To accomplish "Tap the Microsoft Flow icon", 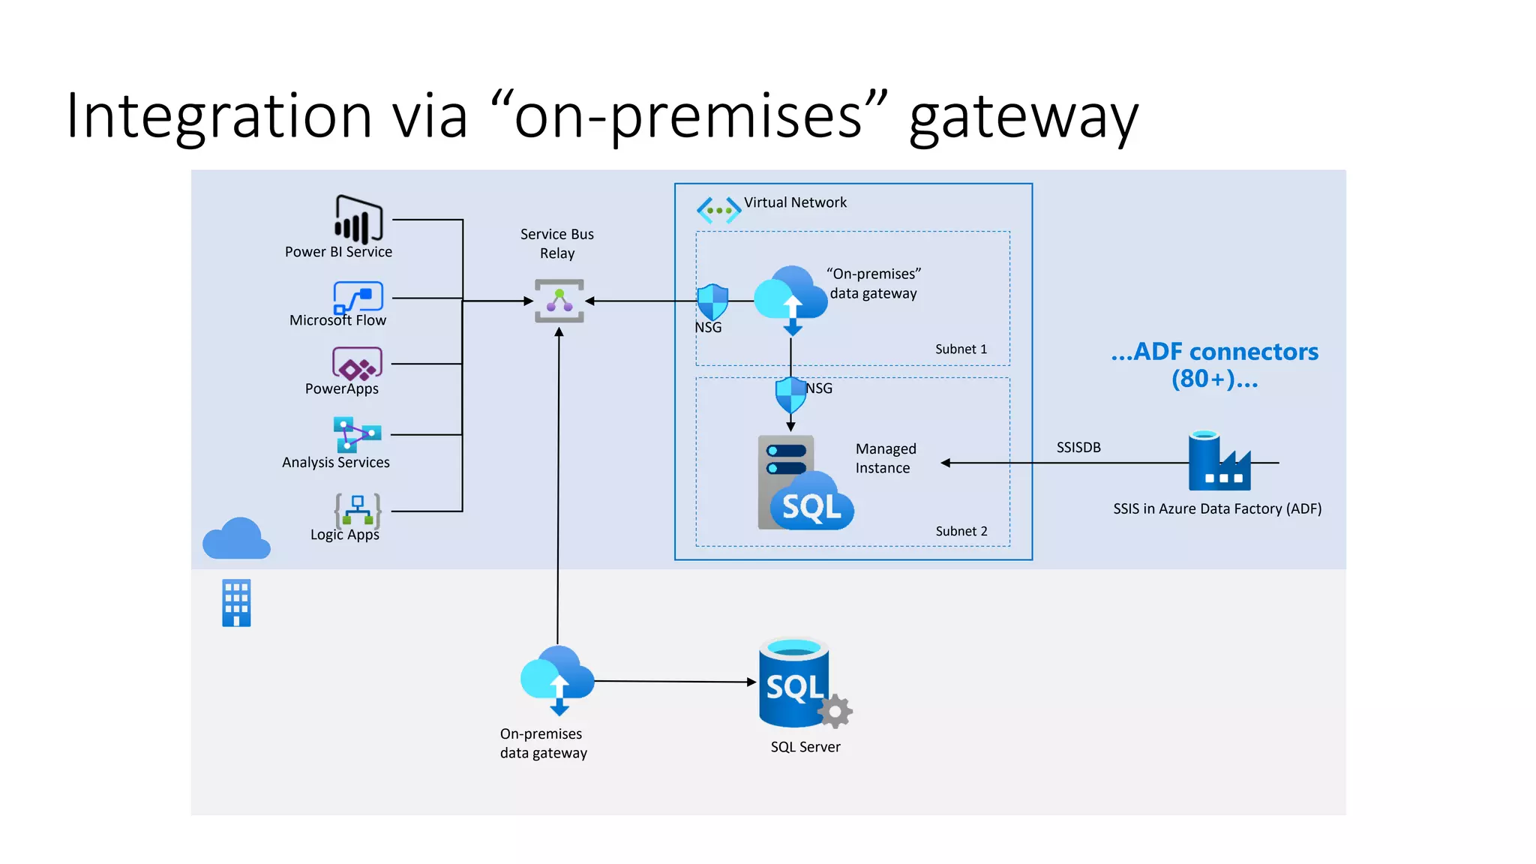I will tap(358, 297).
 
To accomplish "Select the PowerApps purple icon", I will tap(357, 364).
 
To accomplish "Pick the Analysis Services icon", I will tap(357, 434).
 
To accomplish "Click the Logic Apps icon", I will tap(358, 510).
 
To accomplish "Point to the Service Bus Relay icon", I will tap(559, 301).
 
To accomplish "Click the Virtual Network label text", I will tap(795, 202).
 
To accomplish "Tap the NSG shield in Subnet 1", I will tap(712, 301).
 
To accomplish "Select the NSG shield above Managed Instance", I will tap(790, 394).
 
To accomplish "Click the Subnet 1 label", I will tap(961, 349).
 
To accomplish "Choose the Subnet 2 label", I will tap(961, 531).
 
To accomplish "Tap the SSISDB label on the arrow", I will tap(1078, 448).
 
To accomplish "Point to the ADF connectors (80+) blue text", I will tap(1214, 364).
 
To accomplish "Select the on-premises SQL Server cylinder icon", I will tap(793, 682).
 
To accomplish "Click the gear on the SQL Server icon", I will tap(835, 711).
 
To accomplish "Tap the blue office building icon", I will tap(236, 602).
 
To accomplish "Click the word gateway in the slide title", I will tap(1023, 117).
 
